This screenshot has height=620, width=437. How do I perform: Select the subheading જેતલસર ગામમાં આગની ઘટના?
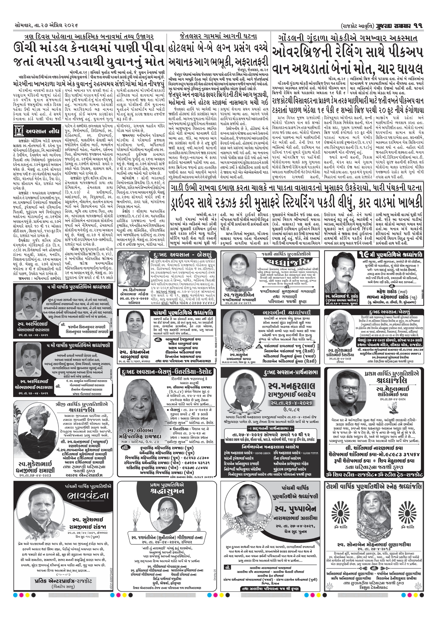[218, 37]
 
